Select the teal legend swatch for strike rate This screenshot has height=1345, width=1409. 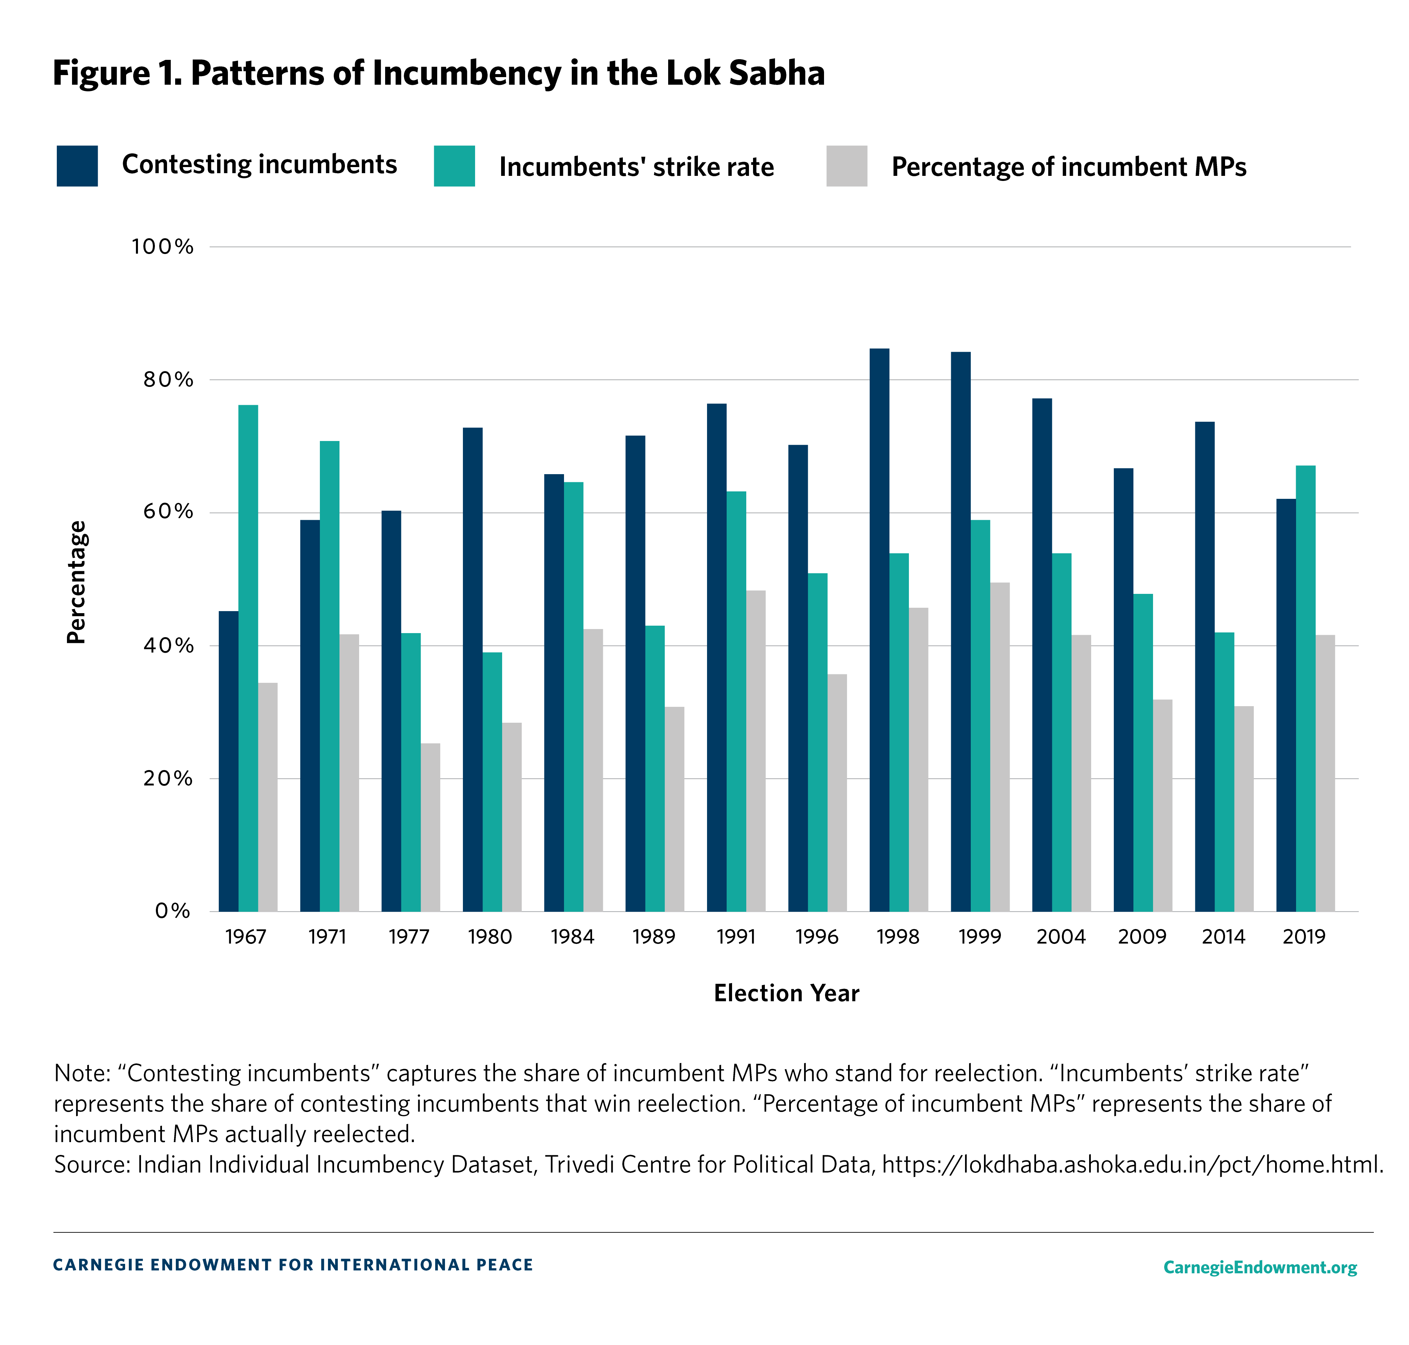tap(454, 166)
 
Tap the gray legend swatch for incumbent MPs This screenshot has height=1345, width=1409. tap(846, 166)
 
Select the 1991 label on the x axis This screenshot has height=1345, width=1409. tap(736, 936)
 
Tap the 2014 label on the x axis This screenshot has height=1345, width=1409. tap(1223, 936)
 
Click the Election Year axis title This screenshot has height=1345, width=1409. tap(786, 993)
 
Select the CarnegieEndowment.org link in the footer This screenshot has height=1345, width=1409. tap(1260, 1267)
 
